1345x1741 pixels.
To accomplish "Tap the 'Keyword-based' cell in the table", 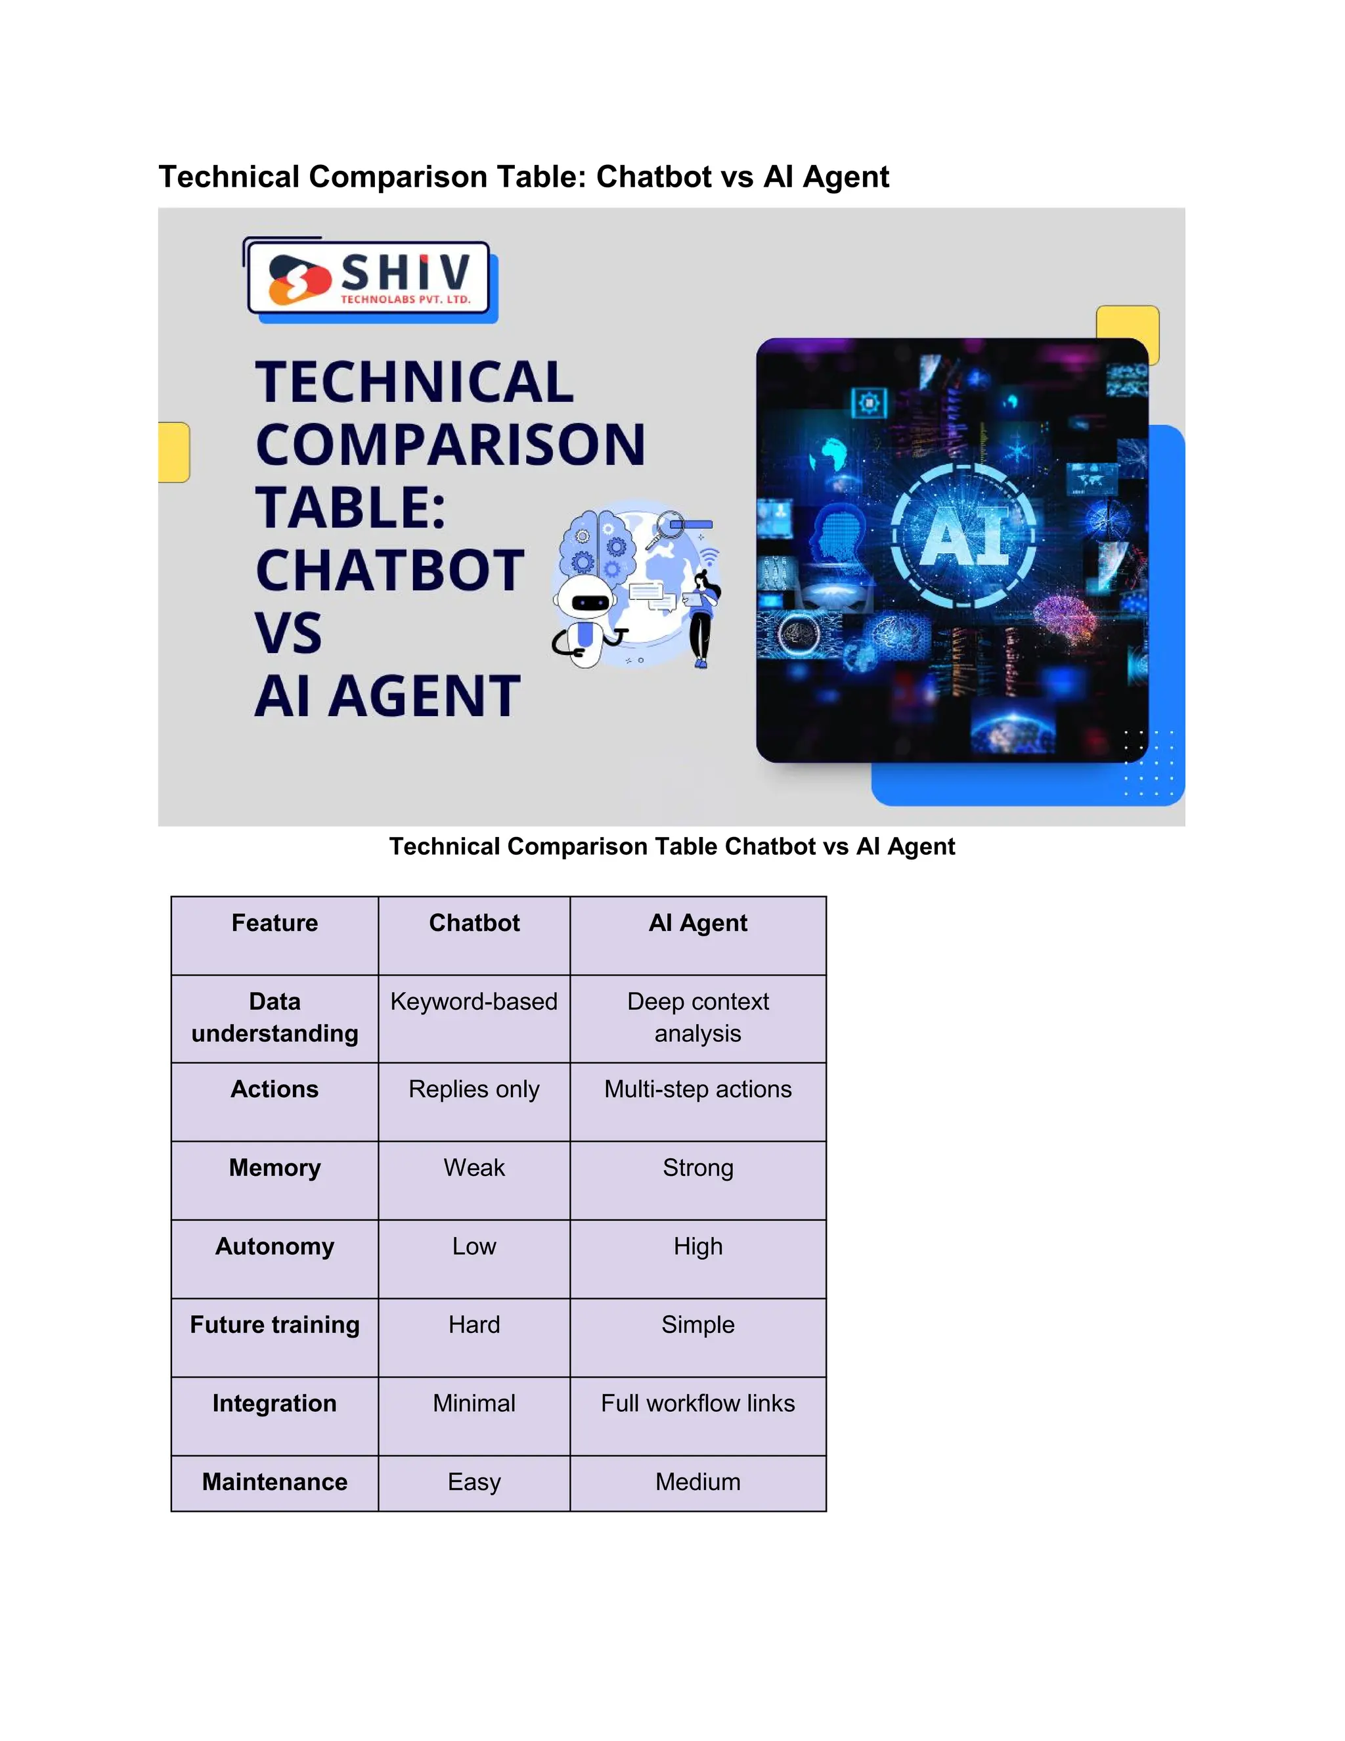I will (474, 1001).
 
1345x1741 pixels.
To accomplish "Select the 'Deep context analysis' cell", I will (697, 1017).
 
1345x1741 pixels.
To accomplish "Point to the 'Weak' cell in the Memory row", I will (474, 1168).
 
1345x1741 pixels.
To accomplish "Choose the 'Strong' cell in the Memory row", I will (697, 1168).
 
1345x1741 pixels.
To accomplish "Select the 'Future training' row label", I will (274, 1325).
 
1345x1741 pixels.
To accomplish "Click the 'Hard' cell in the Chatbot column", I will (474, 1325).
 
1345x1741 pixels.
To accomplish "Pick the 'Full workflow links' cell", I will (697, 1403).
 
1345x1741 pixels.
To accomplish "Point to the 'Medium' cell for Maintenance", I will (697, 1482).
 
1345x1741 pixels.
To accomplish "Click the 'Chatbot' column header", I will (474, 923).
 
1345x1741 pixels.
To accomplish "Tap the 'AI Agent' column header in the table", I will (697, 923).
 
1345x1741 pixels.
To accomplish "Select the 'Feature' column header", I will (274, 923).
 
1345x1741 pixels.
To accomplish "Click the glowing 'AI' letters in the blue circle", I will (964, 537).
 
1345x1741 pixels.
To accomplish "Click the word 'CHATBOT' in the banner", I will (389, 571).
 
